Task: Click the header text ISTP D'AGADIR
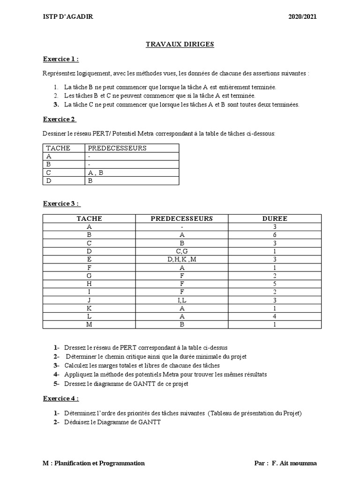(67, 16)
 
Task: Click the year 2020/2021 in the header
(302, 16)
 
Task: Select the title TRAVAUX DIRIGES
(180, 44)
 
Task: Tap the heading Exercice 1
(60, 59)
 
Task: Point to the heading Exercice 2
(60, 119)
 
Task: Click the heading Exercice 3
(61, 203)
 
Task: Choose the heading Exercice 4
(60, 398)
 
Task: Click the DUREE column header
(275, 218)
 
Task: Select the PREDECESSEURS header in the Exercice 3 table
(181, 218)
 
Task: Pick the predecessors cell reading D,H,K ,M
(181, 259)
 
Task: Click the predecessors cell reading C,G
(181, 251)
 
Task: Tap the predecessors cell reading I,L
(181, 300)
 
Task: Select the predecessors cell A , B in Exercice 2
(96, 172)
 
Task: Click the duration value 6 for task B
(275, 235)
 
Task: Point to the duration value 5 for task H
(275, 284)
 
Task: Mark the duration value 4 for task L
(275, 316)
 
